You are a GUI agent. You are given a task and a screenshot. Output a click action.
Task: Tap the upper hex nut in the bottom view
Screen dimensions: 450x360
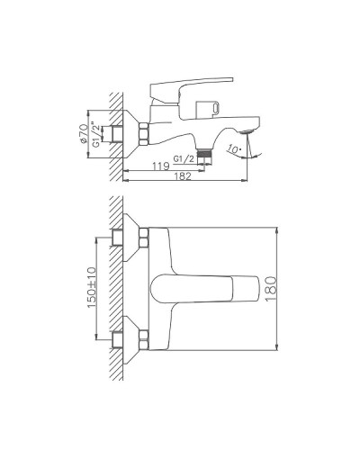(144, 238)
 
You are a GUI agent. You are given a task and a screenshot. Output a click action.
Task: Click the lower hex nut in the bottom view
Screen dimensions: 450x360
(144, 339)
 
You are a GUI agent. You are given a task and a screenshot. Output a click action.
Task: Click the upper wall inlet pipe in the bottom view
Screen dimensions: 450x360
(119, 238)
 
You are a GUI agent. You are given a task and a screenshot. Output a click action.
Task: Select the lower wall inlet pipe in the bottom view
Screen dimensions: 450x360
(119, 339)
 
